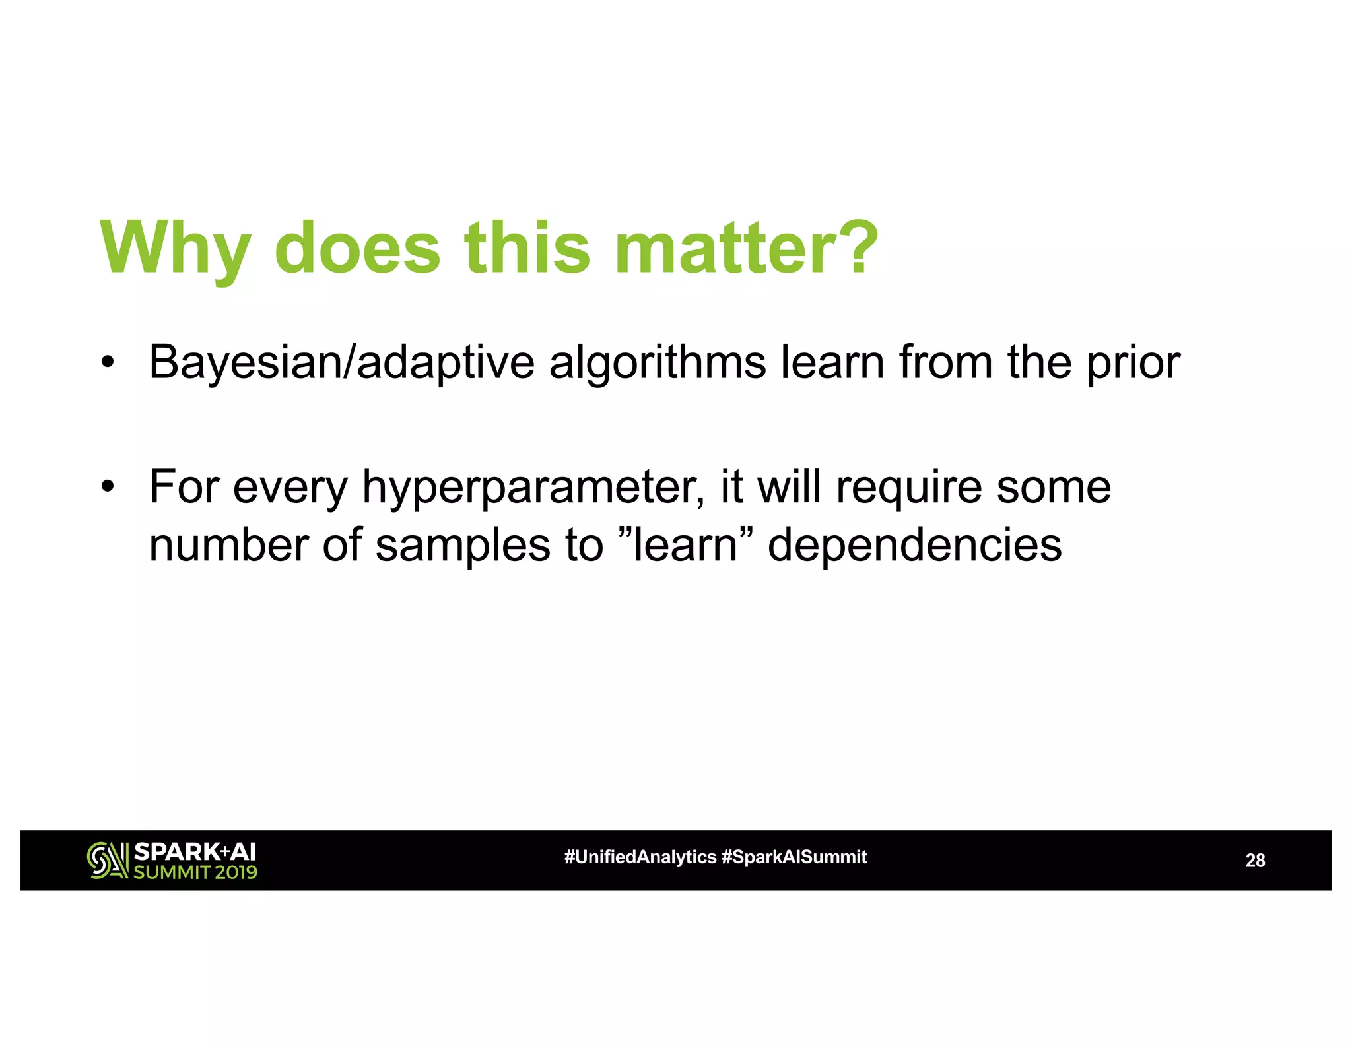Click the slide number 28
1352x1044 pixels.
pyautogui.click(x=1254, y=861)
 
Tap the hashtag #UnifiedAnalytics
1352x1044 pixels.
pyautogui.click(x=640, y=857)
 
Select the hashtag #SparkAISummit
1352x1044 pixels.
pyautogui.click(x=794, y=857)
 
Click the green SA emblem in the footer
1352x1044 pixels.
pyautogui.click(x=108, y=861)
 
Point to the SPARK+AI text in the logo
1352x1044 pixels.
pyautogui.click(x=195, y=851)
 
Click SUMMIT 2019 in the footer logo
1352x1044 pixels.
pyautogui.click(x=195, y=872)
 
